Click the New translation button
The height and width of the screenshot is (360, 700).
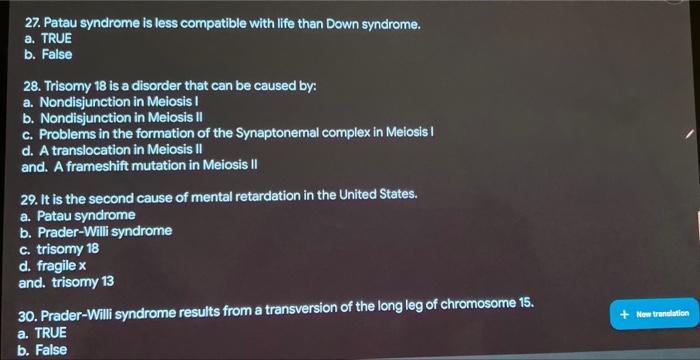tap(654, 314)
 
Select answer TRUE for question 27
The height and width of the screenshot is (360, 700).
tap(48, 39)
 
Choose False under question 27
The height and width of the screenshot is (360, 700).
tap(48, 54)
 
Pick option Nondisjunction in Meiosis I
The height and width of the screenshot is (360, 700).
tap(110, 102)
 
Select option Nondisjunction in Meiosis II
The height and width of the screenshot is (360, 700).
tap(112, 118)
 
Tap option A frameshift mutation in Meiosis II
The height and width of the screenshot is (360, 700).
tap(139, 165)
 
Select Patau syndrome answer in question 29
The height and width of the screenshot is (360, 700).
tap(78, 216)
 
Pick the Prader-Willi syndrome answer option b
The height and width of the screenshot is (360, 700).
tap(96, 232)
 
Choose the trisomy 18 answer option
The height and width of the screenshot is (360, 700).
tap(59, 249)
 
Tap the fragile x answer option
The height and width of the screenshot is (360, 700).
tap(52, 266)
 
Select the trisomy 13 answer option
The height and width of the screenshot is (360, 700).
tap(66, 282)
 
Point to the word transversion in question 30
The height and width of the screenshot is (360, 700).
tap(303, 310)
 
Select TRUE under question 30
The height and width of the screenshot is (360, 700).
tap(42, 333)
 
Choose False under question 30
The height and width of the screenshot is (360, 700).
tap(42, 350)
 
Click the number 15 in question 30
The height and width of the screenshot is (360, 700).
tap(525, 303)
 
